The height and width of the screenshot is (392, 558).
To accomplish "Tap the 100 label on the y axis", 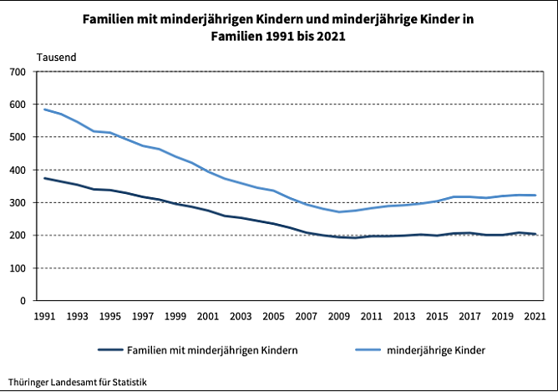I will coord(18,268).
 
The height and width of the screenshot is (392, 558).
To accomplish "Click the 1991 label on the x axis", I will coord(44,317).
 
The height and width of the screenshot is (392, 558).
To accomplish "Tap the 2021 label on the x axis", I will coord(535,317).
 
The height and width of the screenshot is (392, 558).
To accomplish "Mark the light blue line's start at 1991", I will coord(44,109).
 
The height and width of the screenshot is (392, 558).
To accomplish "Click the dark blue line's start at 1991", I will coord(44,178).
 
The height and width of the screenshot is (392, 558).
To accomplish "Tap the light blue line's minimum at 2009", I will coord(339,211).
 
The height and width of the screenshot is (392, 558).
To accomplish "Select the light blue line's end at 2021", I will coord(535,196).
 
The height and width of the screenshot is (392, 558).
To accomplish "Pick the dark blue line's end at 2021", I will coord(535,234).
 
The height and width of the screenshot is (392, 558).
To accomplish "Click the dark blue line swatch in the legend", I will coord(109,349).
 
